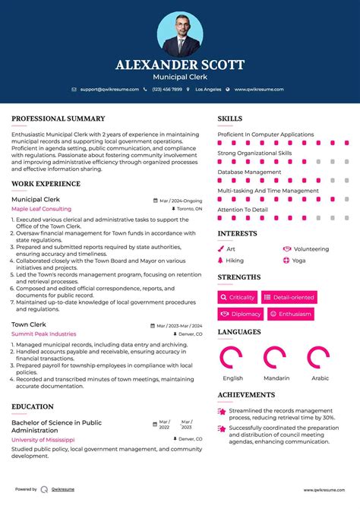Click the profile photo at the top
[x=180, y=33]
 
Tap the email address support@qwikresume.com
[x=109, y=89]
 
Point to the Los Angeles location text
[x=208, y=89]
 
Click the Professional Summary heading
[x=58, y=119]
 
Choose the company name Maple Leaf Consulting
[x=41, y=209]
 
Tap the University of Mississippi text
[x=43, y=439]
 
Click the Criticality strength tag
[x=238, y=297]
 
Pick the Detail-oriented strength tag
[x=289, y=297]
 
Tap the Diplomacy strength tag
[x=241, y=314]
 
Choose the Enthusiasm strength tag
[x=290, y=314]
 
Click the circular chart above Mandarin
[x=274, y=357]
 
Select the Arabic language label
[x=320, y=378]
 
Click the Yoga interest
[x=298, y=260]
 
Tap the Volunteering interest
[x=311, y=248]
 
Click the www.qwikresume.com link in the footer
[x=324, y=490]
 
